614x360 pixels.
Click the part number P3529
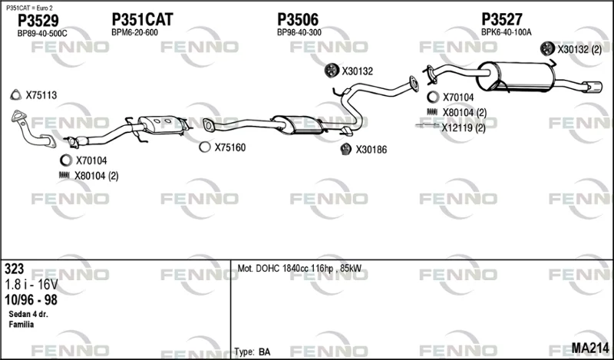coord(38,21)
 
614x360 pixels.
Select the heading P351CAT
coord(142,20)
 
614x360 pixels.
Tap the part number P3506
coord(298,20)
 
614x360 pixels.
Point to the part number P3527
coord(502,19)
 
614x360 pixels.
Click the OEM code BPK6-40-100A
coord(506,32)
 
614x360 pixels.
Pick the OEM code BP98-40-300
coord(299,32)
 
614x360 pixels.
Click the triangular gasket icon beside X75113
coord(15,95)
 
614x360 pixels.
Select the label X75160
coord(229,147)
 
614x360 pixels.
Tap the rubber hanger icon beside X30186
coord(345,149)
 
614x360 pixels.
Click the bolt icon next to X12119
coord(427,125)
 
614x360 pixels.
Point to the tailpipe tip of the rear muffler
coord(592,87)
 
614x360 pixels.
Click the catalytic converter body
coord(163,124)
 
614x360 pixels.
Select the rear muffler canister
coord(515,76)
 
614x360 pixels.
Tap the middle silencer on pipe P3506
coord(299,124)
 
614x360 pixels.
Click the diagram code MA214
coord(590,348)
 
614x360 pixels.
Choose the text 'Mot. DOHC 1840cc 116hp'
coord(286,269)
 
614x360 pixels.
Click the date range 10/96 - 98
coord(31,299)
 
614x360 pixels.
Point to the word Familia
coord(21,325)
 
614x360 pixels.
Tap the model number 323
coord(14,269)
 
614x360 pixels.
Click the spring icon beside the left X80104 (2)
coord(64,176)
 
